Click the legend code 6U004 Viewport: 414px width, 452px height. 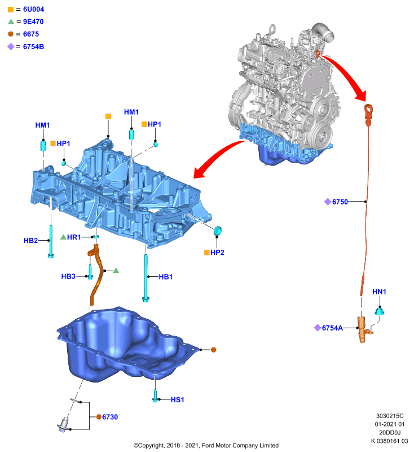(33, 9)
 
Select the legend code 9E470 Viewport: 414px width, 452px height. (33, 21)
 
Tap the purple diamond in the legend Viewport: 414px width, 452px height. (11, 47)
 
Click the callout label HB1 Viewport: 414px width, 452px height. (166, 277)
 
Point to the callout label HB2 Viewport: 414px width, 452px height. (31, 241)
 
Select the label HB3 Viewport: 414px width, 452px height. (68, 276)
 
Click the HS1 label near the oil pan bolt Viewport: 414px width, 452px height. (177, 400)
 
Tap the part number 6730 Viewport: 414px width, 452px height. (110, 417)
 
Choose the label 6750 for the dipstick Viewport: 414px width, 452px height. (340, 202)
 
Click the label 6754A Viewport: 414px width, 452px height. (332, 328)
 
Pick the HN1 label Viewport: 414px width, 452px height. (379, 292)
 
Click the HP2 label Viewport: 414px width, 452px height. (217, 253)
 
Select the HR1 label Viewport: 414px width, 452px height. (74, 237)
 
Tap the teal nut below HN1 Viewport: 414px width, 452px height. (380, 311)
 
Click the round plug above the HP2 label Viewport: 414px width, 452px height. (218, 231)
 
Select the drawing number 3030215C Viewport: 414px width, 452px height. (390, 416)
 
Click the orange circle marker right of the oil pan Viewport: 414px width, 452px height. (213, 350)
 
